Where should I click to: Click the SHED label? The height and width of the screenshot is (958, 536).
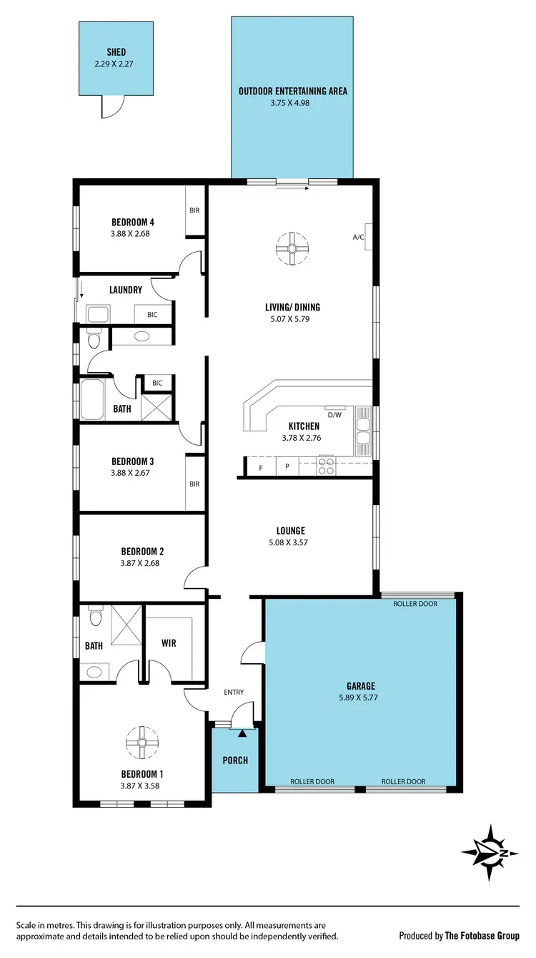click(x=116, y=52)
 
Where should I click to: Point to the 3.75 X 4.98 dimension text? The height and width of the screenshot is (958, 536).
click(x=292, y=102)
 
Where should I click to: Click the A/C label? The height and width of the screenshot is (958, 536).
click(x=358, y=237)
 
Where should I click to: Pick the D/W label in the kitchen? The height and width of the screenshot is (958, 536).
click(x=334, y=414)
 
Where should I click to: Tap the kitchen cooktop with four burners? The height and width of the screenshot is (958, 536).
click(x=326, y=466)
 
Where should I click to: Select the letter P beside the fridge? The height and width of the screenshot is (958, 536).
click(x=287, y=466)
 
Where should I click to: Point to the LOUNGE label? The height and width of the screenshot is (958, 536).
click(x=291, y=531)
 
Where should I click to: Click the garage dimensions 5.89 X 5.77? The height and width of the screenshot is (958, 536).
click(x=358, y=697)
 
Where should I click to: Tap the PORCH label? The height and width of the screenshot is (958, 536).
click(x=234, y=760)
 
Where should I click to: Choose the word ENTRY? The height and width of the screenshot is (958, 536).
click(x=234, y=692)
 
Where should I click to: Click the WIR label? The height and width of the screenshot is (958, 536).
click(x=169, y=643)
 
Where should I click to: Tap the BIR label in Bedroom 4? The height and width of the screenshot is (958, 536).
click(x=194, y=211)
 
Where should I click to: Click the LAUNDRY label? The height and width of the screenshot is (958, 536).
click(x=126, y=290)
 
